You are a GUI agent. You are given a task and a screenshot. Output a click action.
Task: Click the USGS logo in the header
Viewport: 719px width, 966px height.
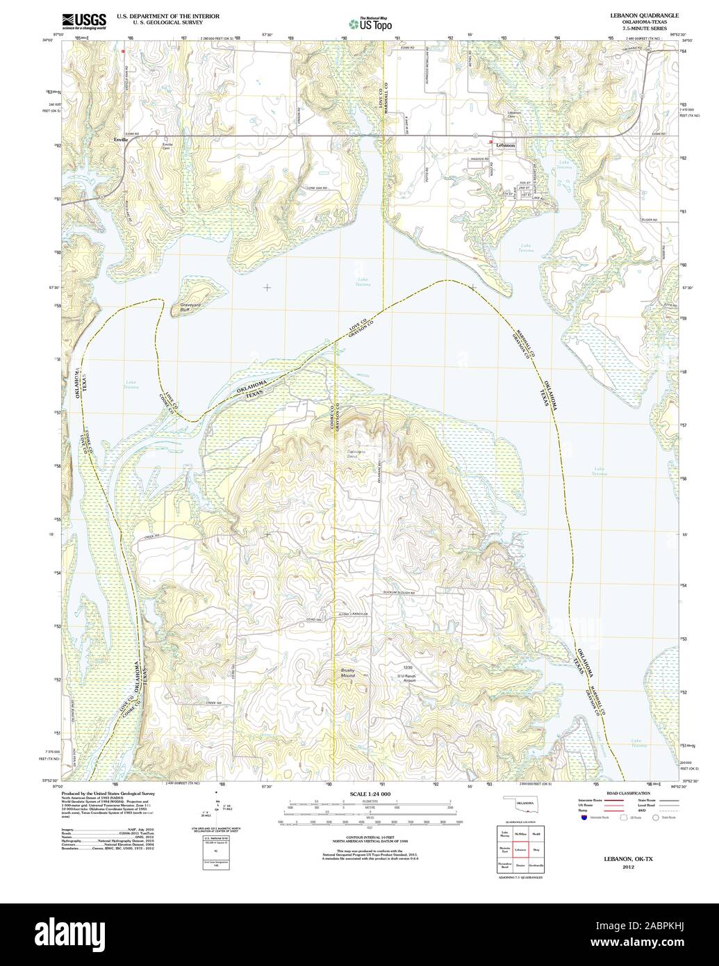pos(84,22)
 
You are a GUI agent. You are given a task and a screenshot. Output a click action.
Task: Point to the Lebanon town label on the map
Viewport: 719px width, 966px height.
pos(506,145)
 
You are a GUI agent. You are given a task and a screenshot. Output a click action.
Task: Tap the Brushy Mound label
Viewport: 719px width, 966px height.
pos(348,672)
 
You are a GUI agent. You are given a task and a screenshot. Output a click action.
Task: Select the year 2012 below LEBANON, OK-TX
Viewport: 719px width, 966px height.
pos(629,867)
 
